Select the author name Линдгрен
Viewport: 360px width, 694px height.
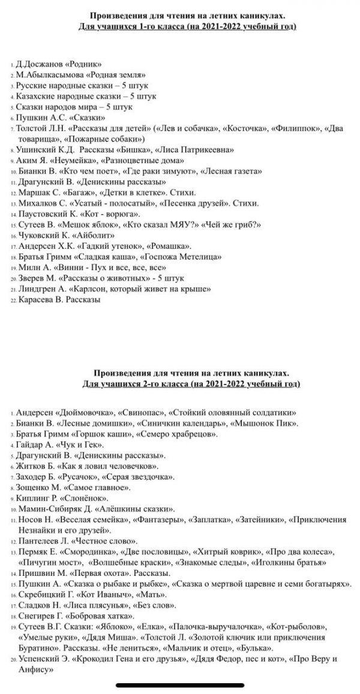(x=35, y=289)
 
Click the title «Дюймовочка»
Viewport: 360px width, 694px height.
(x=87, y=413)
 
